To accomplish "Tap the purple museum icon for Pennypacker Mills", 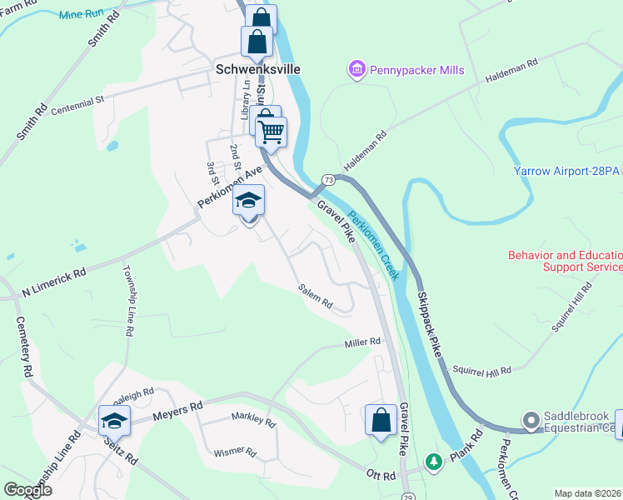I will [357, 70].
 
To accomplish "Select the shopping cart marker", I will [272, 132].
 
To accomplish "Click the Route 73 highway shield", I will [329, 180].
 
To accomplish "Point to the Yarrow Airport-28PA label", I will [567, 171].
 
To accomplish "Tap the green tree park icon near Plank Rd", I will [433, 460].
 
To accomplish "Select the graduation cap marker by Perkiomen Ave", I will [249, 201].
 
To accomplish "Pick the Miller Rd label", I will [362, 342].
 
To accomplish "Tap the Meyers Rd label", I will [178, 410].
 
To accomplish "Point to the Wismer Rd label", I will [235, 452].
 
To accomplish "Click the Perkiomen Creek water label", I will [374, 245].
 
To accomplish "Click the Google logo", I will [28, 490].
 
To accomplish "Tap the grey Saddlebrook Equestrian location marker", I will [530, 419].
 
